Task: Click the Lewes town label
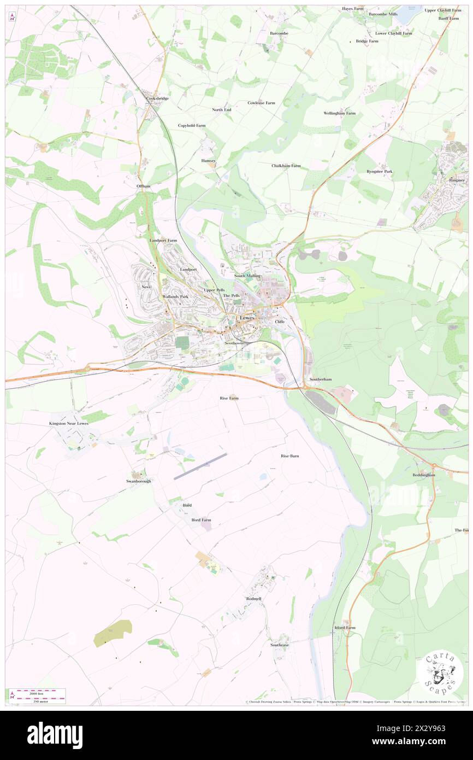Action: [247, 318]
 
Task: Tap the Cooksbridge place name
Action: [157, 98]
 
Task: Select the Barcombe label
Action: [279, 33]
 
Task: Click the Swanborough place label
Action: [139, 481]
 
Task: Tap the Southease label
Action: [279, 645]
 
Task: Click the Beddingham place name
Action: [424, 475]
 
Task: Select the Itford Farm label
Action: [345, 628]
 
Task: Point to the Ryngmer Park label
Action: [380, 172]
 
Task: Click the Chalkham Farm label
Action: [286, 166]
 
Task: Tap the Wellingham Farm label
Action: [339, 113]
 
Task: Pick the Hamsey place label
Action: [208, 161]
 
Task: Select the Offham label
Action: [143, 186]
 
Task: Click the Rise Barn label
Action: [289, 456]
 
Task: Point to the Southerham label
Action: [321, 379]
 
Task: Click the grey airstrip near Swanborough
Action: [200, 466]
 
